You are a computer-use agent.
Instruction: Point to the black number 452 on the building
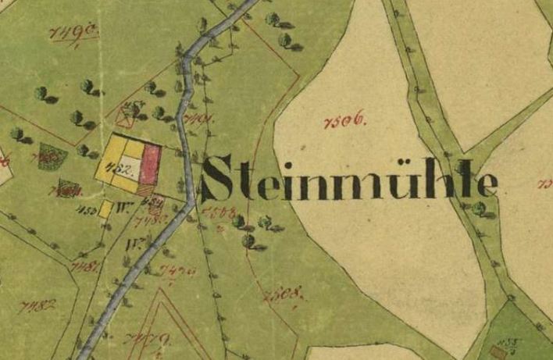point(126,170)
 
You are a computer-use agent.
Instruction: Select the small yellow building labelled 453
point(105,209)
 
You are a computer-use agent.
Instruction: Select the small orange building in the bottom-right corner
point(498,351)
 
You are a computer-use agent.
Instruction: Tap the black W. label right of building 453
point(122,209)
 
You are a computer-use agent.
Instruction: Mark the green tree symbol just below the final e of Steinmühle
point(479,208)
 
